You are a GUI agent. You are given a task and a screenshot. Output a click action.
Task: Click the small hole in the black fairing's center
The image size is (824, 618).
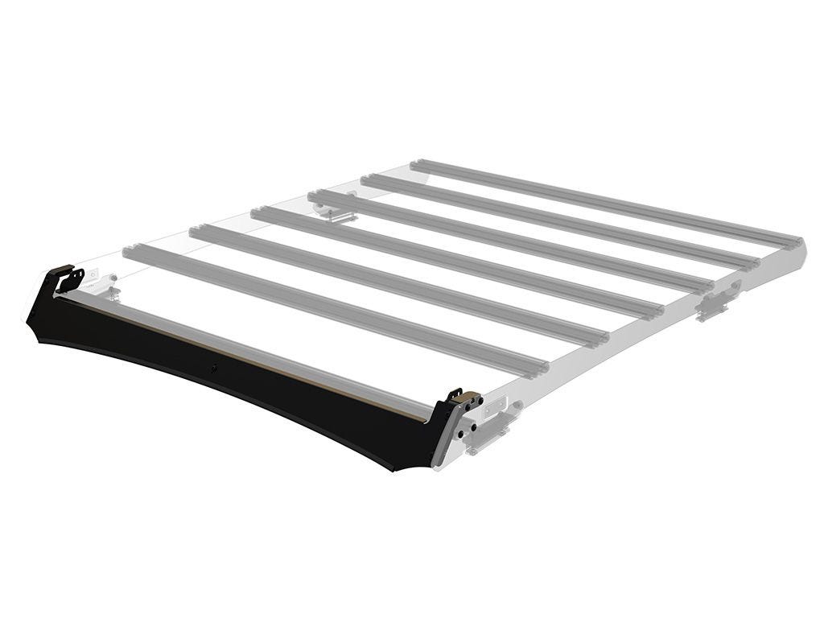(214, 369)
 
